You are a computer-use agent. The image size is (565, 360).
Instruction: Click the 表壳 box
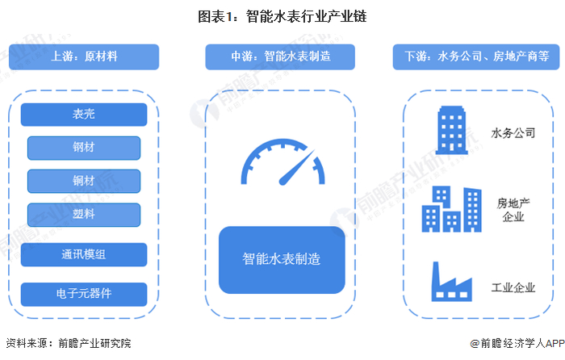coord(84,114)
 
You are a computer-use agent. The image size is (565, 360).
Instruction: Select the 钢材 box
coord(84,148)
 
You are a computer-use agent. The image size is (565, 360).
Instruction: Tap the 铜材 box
coord(84,181)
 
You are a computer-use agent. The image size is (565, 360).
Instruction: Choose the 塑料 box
coord(84,214)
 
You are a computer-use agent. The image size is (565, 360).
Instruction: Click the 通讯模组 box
coord(84,254)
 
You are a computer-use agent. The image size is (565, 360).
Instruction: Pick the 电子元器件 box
coord(84,294)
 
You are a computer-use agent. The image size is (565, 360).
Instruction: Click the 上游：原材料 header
coord(84,57)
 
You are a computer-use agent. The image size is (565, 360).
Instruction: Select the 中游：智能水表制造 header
coord(282,57)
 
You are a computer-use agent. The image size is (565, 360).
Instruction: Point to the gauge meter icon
coord(281,165)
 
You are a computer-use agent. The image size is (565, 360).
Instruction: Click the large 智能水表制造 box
coord(282,260)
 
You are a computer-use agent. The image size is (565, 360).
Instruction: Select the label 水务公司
coord(513,132)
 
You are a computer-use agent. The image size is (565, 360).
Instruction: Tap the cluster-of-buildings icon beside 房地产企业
coord(450,209)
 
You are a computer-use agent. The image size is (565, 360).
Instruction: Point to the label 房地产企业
coord(513,210)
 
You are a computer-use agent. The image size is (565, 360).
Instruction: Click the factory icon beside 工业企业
coord(450,283)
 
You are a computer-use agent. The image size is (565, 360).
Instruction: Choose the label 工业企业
coord(513,287)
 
